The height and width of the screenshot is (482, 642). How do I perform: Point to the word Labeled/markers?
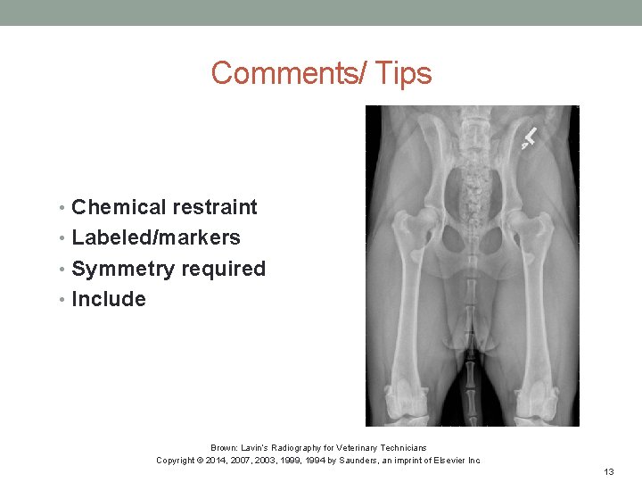tap(156, 237)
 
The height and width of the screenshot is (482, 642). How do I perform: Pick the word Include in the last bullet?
tap(108, 299)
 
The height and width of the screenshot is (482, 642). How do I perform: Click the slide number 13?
tap(609, 471)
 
